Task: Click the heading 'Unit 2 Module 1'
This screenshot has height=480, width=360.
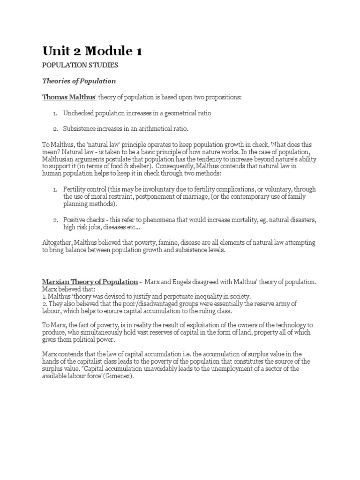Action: coord(92,51)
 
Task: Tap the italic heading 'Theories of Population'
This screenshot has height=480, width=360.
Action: coord(79,81)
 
